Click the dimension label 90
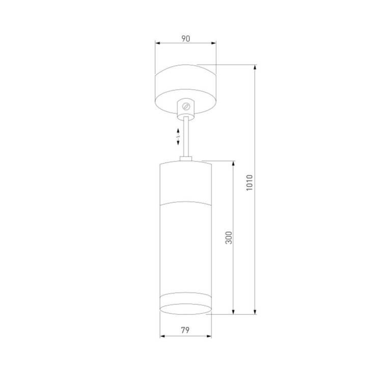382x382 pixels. point(185,39)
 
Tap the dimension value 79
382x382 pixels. point(185,331)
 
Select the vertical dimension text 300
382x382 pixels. point(229,238)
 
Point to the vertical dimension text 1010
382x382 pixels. point(250,182)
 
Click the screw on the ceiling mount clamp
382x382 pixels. point(186,106)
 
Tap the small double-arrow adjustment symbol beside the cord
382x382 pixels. point(178,137)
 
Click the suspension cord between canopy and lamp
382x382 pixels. point(186,137)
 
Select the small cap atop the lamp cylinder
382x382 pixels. point(186,159)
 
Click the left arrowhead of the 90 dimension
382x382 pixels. point(157,43)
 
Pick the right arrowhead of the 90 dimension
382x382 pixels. point(213,43)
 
